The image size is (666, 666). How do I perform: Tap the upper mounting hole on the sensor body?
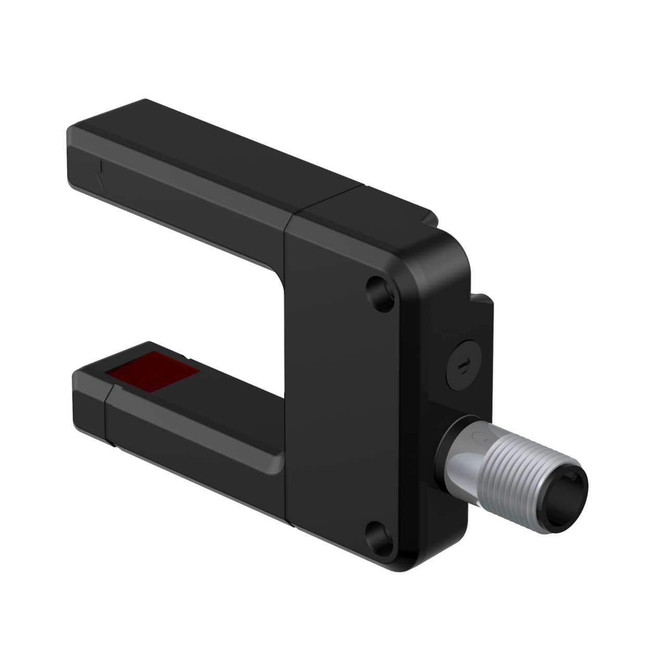[379, 293]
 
